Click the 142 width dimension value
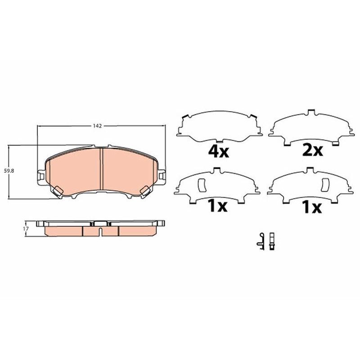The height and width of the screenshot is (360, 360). pos(97,126)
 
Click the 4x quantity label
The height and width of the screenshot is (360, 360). pos(218,151)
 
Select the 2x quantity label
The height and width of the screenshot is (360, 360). pos(312,150)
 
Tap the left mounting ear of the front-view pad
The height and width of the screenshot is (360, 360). pos(40,175)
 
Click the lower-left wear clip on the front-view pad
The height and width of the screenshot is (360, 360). pos(58,191)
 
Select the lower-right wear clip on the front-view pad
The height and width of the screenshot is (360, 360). pos(145,191)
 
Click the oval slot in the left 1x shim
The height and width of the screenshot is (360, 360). pos(201,184)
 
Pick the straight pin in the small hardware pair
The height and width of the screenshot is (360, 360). pos(272,241)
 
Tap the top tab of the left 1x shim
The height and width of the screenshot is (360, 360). pos(217,170)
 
